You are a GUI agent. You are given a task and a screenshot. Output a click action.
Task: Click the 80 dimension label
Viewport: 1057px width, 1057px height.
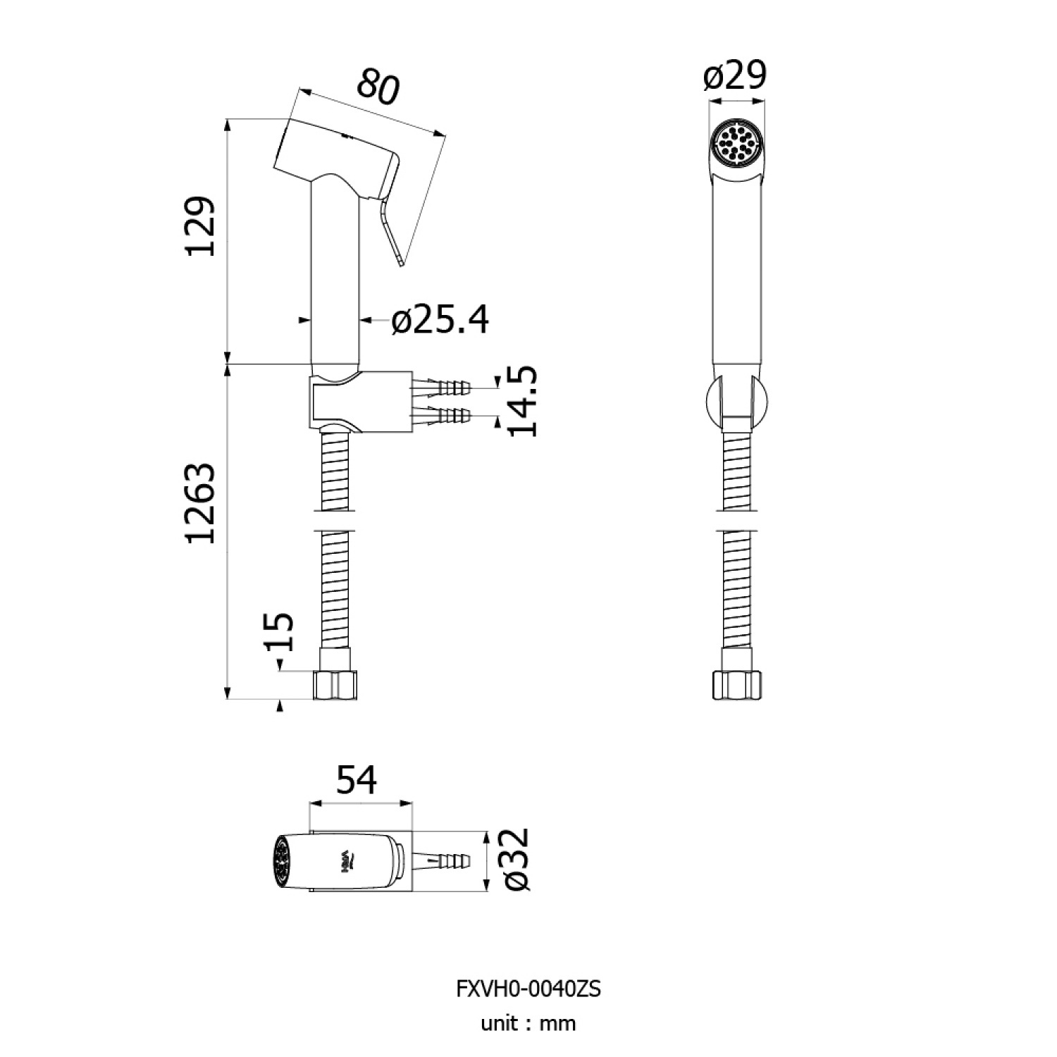(x=378, y=86)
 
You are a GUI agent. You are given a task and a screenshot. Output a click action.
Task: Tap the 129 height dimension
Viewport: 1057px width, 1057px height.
(x=200, y=226)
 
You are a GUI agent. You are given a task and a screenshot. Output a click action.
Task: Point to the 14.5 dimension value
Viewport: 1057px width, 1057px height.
(x=522, y=402)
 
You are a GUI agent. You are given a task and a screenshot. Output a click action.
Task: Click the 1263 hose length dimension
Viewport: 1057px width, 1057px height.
(x=200, y=503)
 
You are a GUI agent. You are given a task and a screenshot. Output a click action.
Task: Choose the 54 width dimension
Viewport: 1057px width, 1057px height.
(x=357, y=781)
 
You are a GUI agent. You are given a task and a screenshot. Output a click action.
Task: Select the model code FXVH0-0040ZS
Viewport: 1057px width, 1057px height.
(x=528, y=989)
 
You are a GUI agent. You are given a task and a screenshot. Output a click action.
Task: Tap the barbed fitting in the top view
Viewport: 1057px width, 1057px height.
(x=440, y=860)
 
